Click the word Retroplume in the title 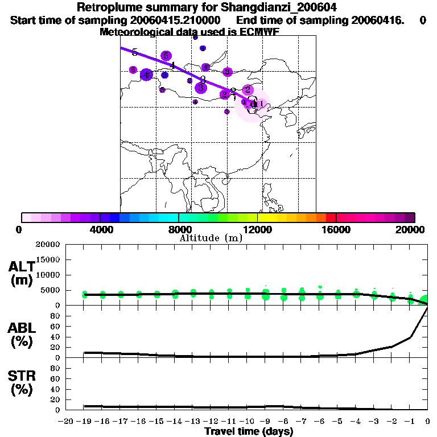point(106,8)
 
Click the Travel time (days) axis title point(249,431)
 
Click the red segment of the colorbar point(331,217)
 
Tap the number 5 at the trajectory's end point(134,53)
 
